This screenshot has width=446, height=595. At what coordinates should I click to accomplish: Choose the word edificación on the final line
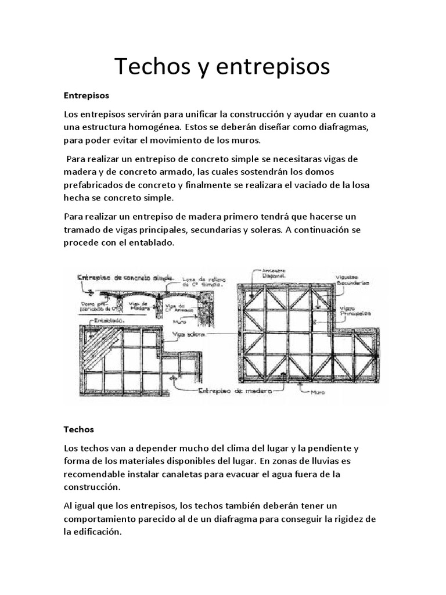click(96, 531)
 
